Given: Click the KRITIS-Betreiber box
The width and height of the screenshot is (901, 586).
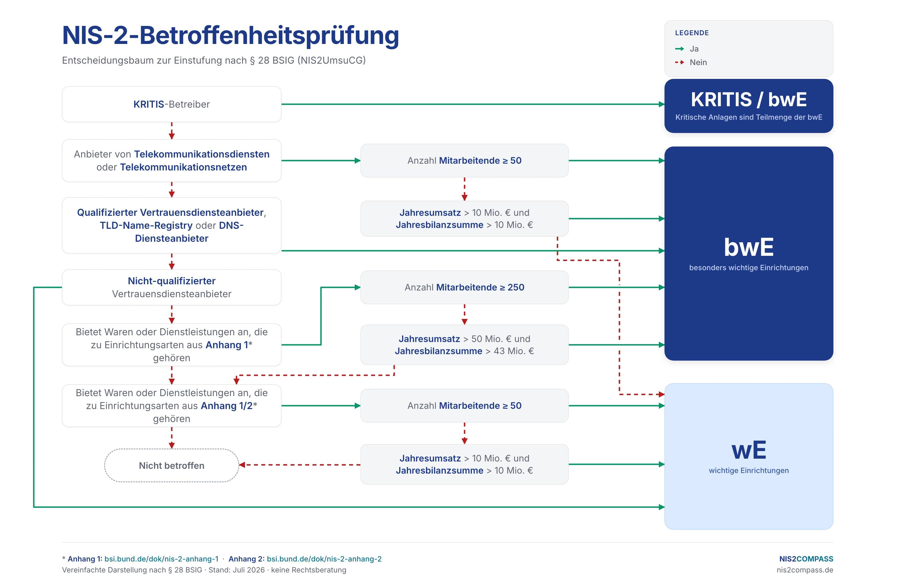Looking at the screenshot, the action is [171, 104].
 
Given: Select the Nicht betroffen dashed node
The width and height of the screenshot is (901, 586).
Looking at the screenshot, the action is [171, 465].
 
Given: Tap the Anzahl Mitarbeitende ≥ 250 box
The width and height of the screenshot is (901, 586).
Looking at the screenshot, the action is [465, 287].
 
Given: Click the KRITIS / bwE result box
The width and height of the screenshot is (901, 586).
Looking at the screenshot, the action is [749, 106].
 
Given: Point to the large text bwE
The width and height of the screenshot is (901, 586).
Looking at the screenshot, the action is [749, 247].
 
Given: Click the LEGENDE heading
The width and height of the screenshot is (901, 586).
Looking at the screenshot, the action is [692, 33].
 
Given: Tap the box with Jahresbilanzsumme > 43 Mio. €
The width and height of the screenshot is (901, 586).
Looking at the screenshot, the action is [465, 345].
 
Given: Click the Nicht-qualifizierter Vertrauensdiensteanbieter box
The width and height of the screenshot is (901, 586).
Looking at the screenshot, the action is [171, 287].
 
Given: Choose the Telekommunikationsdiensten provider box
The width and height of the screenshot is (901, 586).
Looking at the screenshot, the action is [171, 161].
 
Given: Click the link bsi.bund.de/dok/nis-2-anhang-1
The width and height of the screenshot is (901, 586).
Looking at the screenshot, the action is [161, 559].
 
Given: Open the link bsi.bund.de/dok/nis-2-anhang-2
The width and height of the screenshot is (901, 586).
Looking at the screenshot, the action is [324, 559].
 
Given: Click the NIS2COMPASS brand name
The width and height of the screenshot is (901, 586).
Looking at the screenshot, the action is [806, 559].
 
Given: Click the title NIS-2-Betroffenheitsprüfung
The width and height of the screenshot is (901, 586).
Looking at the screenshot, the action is [231, 35].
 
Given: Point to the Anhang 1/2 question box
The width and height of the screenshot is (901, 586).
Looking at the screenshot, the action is [171, 406].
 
